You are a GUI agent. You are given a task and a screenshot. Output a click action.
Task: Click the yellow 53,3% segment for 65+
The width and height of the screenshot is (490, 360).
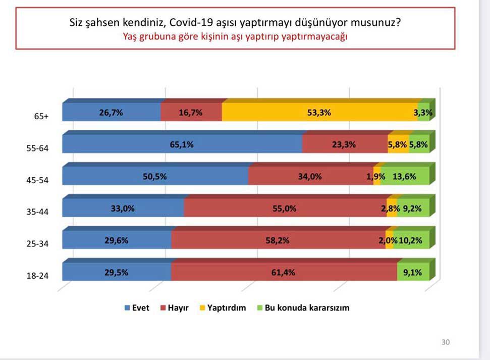coord(320,113)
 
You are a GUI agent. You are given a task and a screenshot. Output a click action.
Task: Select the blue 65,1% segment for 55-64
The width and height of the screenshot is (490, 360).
coord(182,144)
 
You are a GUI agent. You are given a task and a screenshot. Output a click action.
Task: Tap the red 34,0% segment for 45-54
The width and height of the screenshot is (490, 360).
coord(310,176)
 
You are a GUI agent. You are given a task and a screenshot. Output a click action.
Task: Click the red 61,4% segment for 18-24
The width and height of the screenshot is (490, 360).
coord(284,272)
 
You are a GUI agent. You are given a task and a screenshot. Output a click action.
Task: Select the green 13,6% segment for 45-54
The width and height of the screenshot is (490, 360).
coord(406,176)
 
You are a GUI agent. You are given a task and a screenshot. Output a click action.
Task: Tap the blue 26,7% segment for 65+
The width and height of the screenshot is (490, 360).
coord(111,113)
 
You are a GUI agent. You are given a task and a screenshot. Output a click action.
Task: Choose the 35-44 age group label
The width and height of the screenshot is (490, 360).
coord(37,212)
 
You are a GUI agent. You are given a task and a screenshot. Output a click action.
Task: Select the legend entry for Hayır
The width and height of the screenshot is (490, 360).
coord(174,307)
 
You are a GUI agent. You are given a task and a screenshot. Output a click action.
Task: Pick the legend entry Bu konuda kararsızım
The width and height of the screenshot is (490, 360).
coord(303,307)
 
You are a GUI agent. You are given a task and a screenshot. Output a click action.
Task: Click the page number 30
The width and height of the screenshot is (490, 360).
coord(445,342)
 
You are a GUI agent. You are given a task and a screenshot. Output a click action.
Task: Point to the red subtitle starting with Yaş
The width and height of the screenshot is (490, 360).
coord(235,36)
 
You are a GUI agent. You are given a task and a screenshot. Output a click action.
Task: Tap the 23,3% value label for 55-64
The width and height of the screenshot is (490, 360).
coord(344,144)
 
